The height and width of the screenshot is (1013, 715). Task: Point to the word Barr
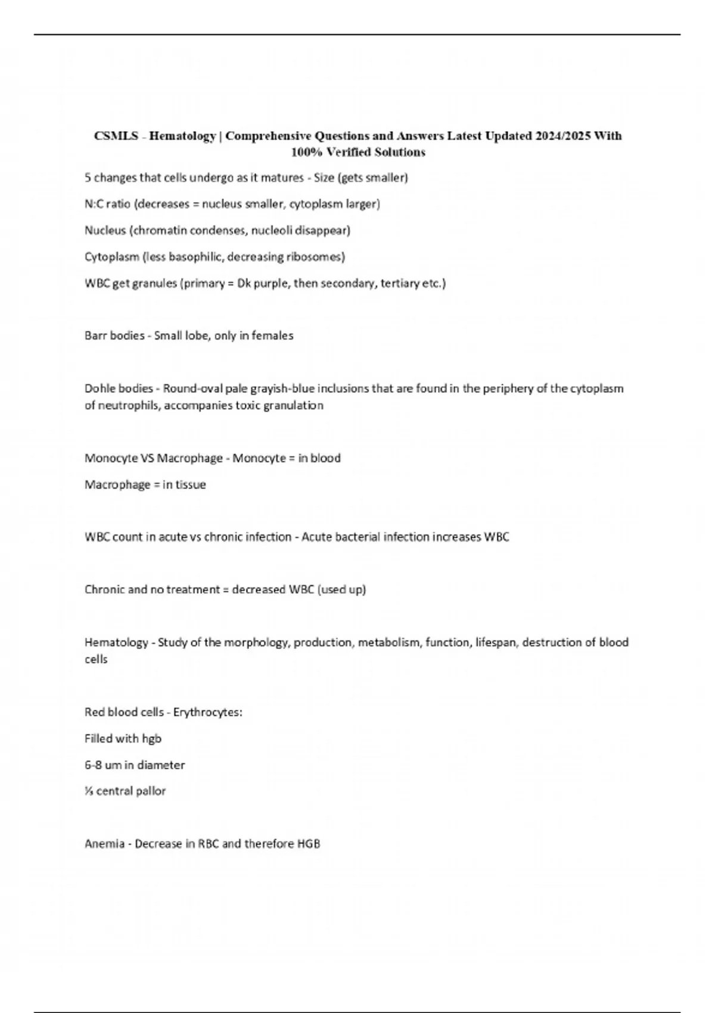pos(95,335)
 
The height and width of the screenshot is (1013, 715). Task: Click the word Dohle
pos(100,389)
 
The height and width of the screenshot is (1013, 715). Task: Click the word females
pos(272,335)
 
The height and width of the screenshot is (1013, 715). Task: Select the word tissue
pos(190,484)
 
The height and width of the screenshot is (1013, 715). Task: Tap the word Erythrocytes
pos(207,712)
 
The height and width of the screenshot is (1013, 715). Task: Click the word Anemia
pos(105,844)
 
